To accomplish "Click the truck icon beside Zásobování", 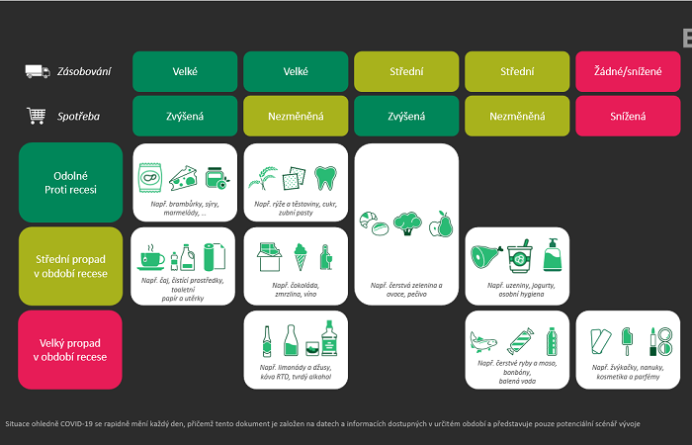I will [x=38, y=71].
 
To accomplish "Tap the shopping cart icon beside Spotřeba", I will [x=37, y=116].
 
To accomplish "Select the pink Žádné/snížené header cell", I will [x=628, y=71].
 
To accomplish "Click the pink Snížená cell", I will [x=628, y=116].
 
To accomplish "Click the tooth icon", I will [x=325, y=177].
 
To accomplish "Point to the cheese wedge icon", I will [x=185, y=177].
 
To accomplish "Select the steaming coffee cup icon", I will [x=152, y=258].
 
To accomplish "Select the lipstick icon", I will [x=653, y=341].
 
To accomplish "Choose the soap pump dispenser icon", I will [x=552, y=256].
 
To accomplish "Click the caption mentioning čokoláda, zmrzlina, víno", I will [x=295, y=290].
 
